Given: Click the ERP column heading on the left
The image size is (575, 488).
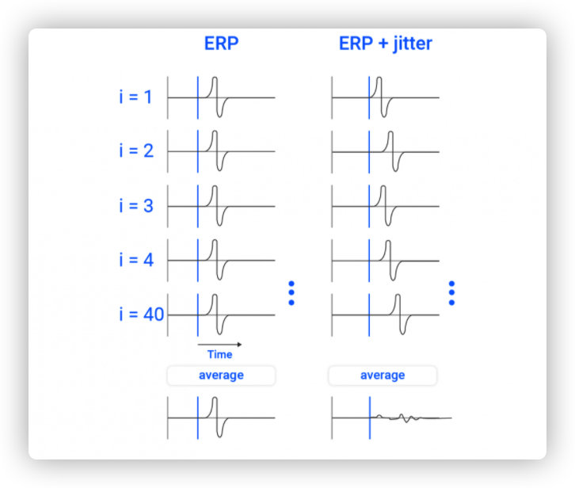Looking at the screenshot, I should (221, 44).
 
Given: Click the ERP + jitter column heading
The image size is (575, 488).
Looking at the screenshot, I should (385, 44).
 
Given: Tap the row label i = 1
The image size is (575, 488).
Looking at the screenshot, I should (136, 97).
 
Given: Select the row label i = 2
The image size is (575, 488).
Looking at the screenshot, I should (136, 151).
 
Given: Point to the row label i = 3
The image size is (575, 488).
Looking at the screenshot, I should (136, 205).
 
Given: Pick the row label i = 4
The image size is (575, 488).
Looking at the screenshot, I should (136, 259).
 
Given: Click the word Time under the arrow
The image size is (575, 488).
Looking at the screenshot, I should (219, 354).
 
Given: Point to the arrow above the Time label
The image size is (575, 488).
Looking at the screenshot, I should (220, 345).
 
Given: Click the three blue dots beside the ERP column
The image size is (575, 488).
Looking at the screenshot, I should (291, 293).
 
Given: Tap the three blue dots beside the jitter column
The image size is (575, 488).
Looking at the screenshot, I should (451, 293).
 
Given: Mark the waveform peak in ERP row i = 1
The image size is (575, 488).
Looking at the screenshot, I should (213, 78).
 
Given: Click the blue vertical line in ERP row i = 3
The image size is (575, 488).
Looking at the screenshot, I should (198, 205).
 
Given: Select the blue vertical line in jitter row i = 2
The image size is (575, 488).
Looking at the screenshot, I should (368, 151).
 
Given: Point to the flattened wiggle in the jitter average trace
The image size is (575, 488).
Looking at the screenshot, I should (406, 417).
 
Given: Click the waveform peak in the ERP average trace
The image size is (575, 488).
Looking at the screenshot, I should (213, 399).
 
